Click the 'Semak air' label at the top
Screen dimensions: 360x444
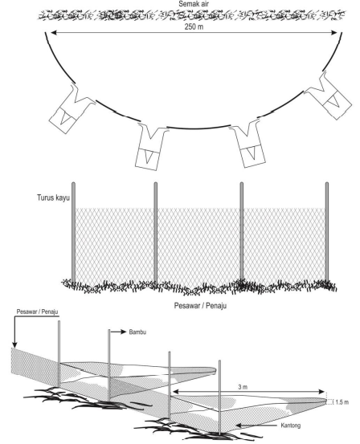(x=194, y=4)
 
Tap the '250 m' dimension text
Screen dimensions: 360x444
(x=194, y=27)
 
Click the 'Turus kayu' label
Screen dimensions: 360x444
(x=53, y=198)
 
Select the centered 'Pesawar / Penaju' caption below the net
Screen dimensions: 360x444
(x=200, y=306)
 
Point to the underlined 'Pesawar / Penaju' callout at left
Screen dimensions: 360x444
(x=37, y=312)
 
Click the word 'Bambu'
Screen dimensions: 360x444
(x=137, y=332)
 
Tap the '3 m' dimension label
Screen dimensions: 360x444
(x=243, y=387)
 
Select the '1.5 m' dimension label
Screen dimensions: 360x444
(x=342, y=402)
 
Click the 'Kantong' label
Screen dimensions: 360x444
(x=291, y=426)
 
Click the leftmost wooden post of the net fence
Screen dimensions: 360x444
(x=73, y=233)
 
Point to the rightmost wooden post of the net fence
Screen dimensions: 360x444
(x=327, y=233)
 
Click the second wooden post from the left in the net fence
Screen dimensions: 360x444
(x=156, y=233)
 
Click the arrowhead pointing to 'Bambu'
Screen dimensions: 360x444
(x=123, y=332)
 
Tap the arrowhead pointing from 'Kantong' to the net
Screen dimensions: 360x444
(x=239, y=426)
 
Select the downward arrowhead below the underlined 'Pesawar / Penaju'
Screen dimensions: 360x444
(x=14, y=344)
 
